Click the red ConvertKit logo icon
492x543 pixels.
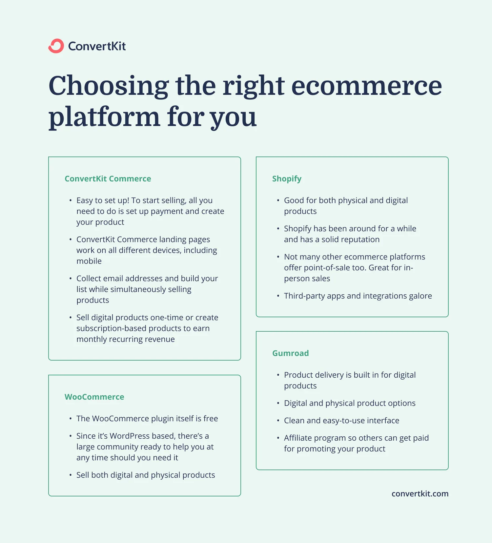[56, 46]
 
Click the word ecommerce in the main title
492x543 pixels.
[366, 86]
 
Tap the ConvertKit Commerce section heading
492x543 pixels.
[108, 179]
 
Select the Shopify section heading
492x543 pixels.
[287, 179]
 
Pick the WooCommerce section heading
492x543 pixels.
[94, 397]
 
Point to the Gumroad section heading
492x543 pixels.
[290, 353]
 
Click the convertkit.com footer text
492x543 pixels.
[420, 494]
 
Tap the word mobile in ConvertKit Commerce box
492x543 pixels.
[89, 261]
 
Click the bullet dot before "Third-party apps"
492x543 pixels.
[278, 296]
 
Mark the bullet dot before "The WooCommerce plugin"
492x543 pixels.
[70, 419]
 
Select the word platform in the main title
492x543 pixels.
[104, 117]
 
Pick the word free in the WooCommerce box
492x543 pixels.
[211, 419]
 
